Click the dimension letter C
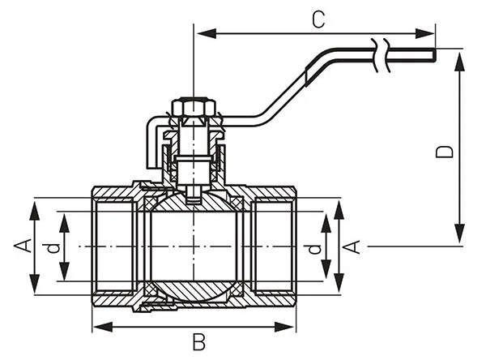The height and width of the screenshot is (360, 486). click(318, 19)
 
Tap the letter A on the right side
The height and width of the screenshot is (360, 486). click(353, 246)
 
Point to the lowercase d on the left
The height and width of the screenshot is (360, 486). click(53, 247)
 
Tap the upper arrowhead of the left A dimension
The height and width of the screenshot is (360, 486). click(36, 204)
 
